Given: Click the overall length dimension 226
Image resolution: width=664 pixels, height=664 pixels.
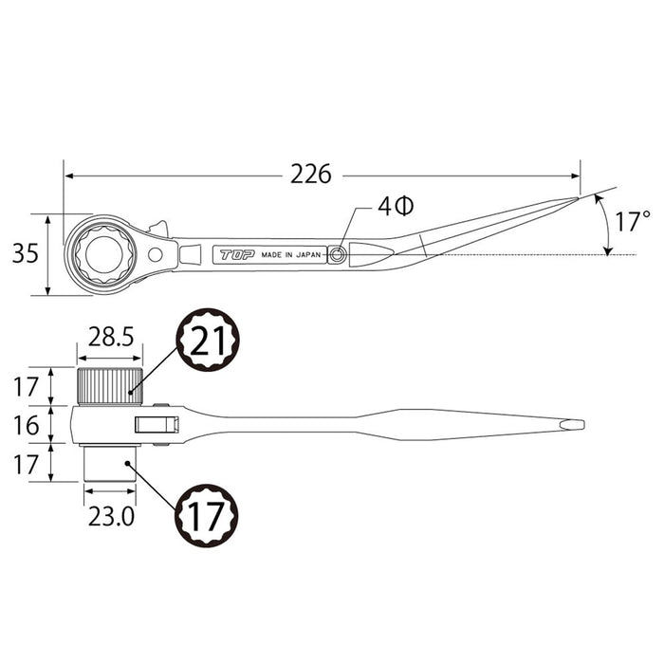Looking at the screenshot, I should click(x=311, y=175).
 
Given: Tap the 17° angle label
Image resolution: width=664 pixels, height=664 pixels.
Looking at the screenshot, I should click(x=632, y=224).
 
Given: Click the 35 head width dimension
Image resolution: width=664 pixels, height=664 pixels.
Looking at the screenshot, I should click(x=26, y=253).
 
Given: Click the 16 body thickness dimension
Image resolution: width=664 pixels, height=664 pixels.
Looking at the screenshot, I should click(x=27, y=424).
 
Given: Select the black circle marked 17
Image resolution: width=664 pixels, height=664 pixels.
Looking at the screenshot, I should click(x=207, y=514).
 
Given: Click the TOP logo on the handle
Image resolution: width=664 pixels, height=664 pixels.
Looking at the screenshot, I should click(x=233, y=254).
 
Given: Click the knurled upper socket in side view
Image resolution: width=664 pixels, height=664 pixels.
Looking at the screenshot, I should click(x=109, y=386).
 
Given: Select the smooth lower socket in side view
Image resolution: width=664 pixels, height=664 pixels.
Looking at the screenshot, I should click(x=108, y=462).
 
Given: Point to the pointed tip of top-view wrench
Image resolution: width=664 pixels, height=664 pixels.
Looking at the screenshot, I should click(x=575, y=199).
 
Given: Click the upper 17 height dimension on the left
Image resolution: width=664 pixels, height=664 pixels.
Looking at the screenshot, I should click(x=27, y=386).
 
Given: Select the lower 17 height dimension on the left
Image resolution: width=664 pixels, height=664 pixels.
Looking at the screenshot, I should click(x=27, y=462).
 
